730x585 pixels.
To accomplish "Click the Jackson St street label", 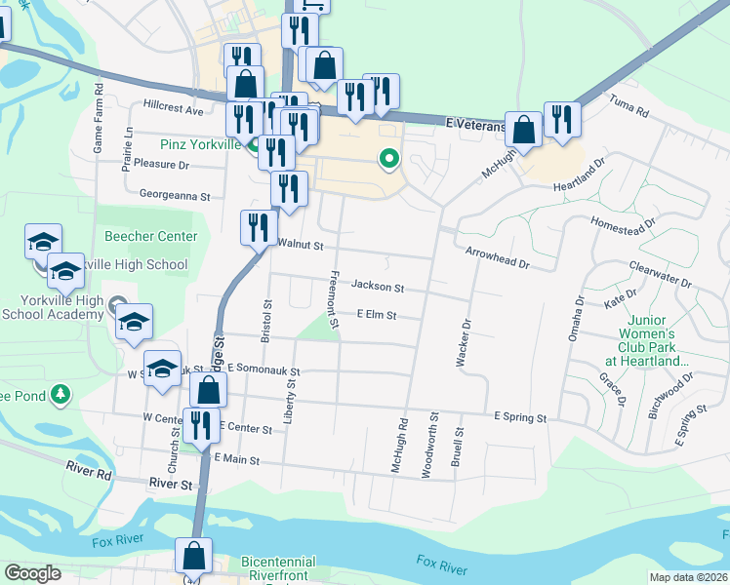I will (x=378, y=288).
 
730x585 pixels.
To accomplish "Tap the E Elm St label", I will (x=377, y=315).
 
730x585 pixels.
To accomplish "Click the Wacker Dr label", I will (x=465, y=343).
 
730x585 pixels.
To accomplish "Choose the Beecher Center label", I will (x=151, y=237).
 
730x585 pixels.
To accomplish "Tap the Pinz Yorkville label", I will (x=200, y=144).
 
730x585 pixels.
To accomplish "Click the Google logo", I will (x=32, y=573).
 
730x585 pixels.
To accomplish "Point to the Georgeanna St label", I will (x=176, y=195).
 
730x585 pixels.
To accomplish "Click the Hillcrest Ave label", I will (x=173, y=111).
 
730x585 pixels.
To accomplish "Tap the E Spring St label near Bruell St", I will (x=519, y=417).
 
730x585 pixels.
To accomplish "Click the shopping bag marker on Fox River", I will (x=193, y=555).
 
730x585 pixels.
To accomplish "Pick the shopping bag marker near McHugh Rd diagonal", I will (x=524, y=130).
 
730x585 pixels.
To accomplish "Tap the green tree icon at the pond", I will (x=61, y=394).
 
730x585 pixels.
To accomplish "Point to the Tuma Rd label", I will (x=629, y=107).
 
